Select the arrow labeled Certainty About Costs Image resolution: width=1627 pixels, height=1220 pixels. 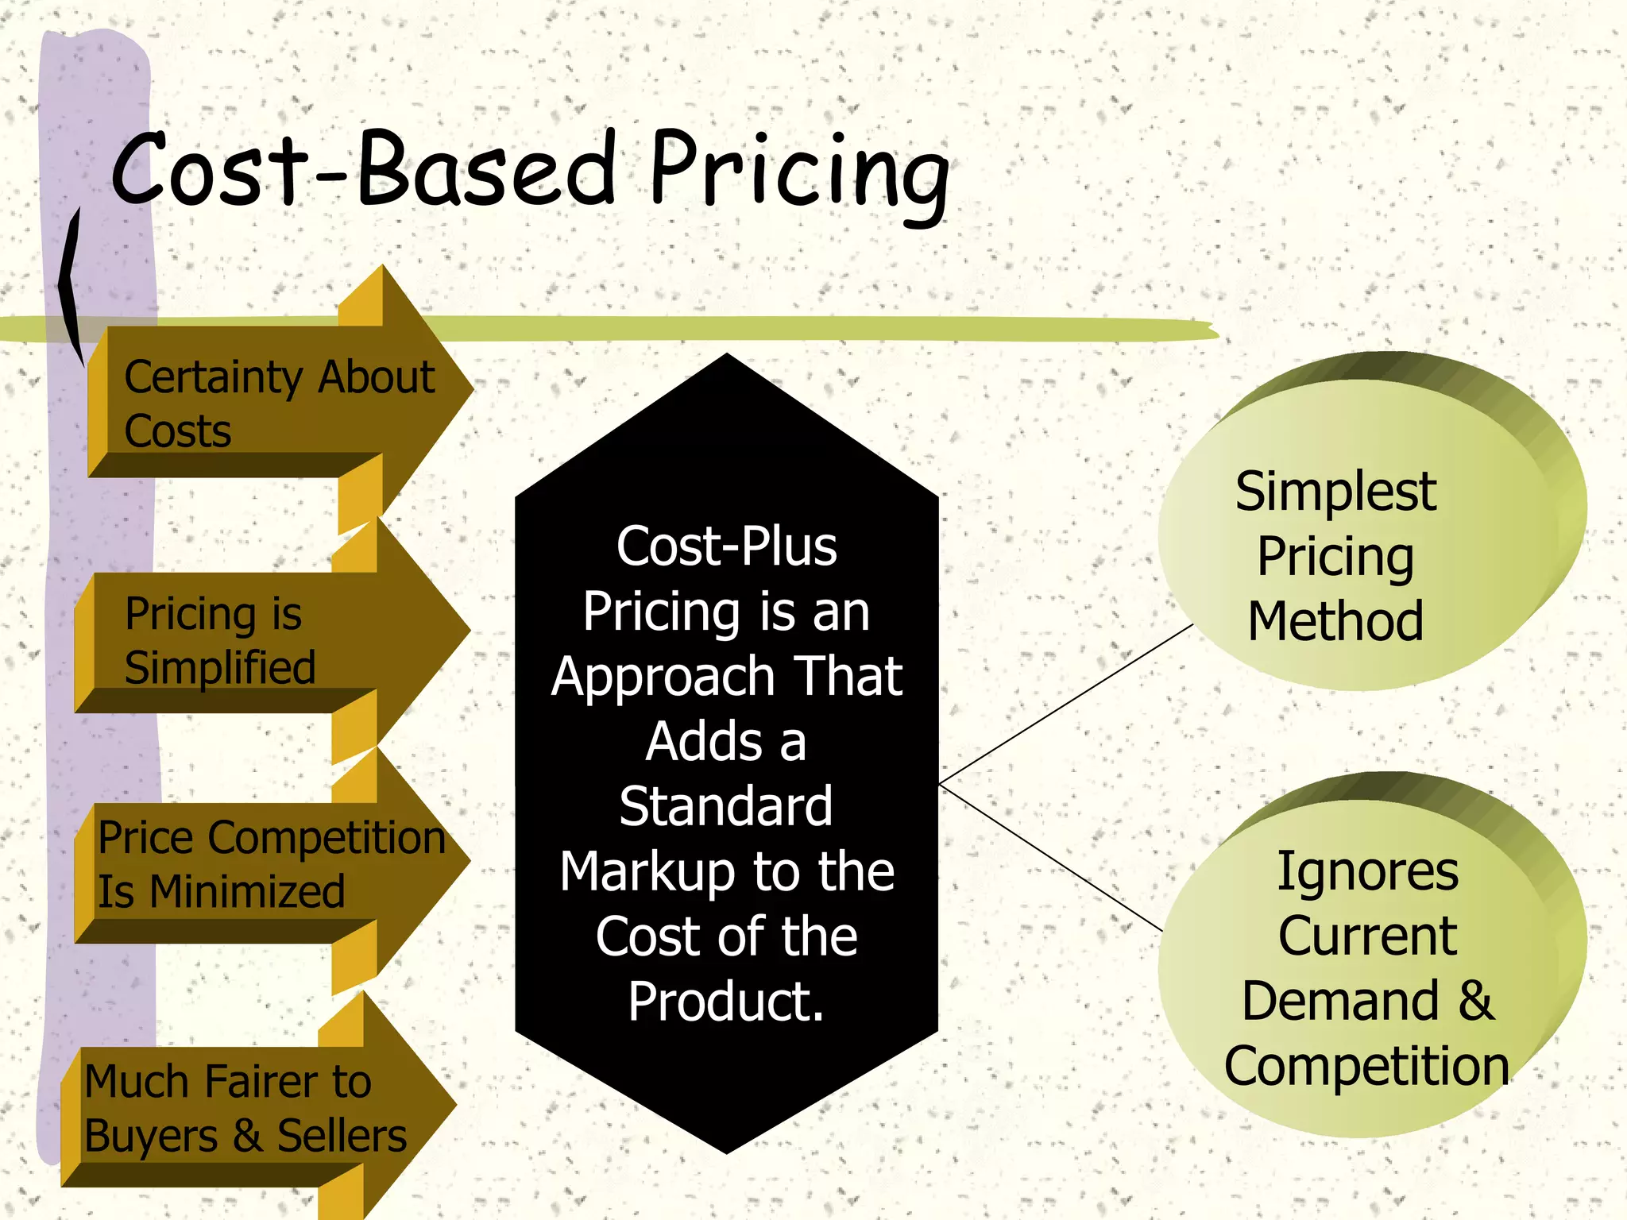278,401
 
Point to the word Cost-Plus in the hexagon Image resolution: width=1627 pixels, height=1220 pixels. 726,546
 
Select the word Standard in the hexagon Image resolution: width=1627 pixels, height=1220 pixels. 726,806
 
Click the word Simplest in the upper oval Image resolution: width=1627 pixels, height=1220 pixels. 1335,491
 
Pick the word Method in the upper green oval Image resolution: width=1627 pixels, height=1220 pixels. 1335,621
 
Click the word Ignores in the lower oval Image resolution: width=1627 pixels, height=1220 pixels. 1367,871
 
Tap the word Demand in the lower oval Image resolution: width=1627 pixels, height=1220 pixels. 1341,1001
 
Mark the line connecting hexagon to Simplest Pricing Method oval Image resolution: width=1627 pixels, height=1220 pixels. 1065,705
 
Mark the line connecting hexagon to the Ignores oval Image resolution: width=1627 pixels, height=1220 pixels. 1049,856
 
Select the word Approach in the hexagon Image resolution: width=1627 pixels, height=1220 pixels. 663,677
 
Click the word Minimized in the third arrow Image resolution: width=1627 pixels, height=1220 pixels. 247,891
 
